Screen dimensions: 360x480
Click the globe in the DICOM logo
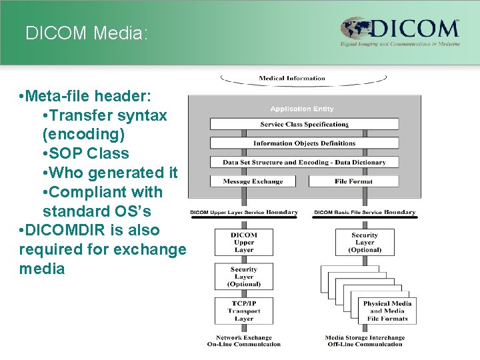click(356, 30)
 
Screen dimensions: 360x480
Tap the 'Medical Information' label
click(292, 79)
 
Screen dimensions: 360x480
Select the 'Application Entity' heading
click(302, 109)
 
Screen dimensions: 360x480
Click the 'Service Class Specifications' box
click(304, 124)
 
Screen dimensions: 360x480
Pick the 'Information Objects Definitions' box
click(304, 143)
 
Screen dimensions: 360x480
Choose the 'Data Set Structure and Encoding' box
click(304, 162)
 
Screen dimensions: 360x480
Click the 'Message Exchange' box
click(253, 181)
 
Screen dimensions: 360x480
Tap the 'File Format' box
click(353, 181)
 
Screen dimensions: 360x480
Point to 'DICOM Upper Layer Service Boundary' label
click(244, 213)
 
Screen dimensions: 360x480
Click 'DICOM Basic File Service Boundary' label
click(365, 213)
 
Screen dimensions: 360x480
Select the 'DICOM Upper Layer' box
click(243, 243)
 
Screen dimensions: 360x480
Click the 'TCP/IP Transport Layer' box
click(243, 310)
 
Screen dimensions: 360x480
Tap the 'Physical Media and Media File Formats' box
click(387, 311)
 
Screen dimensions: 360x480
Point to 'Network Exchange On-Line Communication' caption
click(243, 341)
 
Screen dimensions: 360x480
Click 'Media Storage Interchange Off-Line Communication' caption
click(365, 341)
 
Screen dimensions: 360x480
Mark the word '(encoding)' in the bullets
click(83, 134)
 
